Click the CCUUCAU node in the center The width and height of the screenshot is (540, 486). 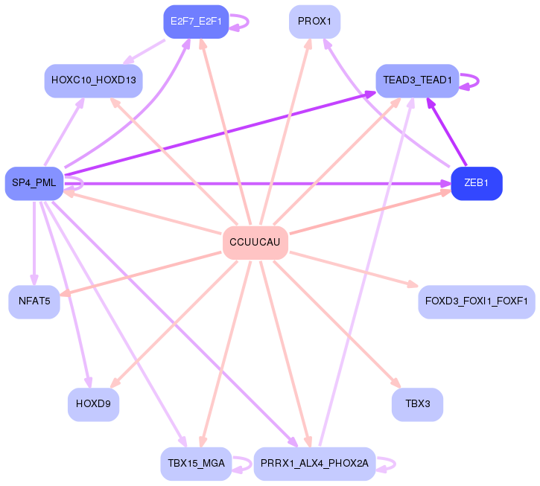coord(255,243)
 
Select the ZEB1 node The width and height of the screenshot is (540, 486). coord(477,183)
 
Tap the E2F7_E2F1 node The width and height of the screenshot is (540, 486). coord(196,21)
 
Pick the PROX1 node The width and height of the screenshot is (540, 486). coord(314,21)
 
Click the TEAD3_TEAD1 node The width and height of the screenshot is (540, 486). coord(417,80)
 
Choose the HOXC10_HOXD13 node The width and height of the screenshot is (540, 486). coord(93,80)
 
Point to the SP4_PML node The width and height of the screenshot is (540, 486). coord(34,183)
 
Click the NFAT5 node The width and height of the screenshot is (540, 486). coord(34,301)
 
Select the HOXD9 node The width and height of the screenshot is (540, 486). coord(93,404)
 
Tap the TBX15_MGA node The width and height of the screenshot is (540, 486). coord(196,463)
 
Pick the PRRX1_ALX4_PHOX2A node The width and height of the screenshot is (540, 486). coord(314,463)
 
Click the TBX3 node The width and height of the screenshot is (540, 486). coord(417,404)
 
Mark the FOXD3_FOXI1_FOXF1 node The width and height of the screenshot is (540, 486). coord(477,301)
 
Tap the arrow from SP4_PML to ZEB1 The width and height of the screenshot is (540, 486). coord(261,181)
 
